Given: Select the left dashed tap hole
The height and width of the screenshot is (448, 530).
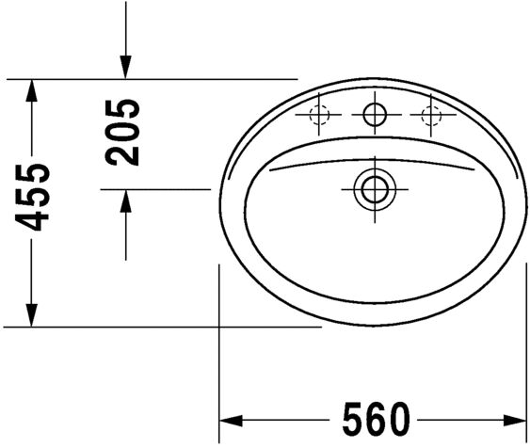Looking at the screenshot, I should tap(319, 116).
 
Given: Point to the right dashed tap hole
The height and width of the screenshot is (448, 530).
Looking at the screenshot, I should tap(431, 116).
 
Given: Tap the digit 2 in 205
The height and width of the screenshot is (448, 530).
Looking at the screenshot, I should tap(123, 154).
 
